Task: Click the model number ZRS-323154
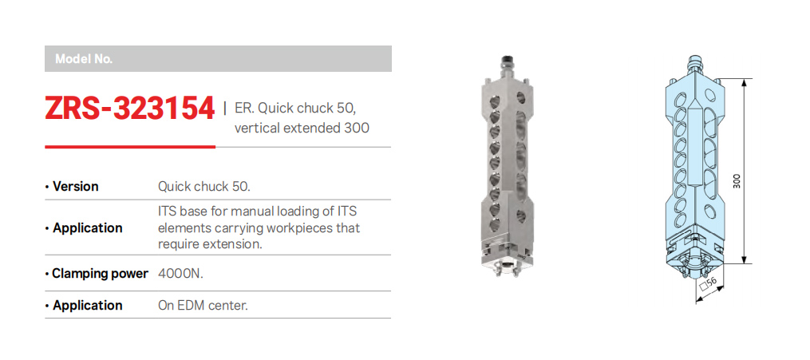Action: pos(129,109)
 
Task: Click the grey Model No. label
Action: pos(84,59)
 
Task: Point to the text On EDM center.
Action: pos(203,305)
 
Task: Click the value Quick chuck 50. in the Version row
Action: pos(204,187)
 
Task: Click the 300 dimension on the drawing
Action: pos(737,180)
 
